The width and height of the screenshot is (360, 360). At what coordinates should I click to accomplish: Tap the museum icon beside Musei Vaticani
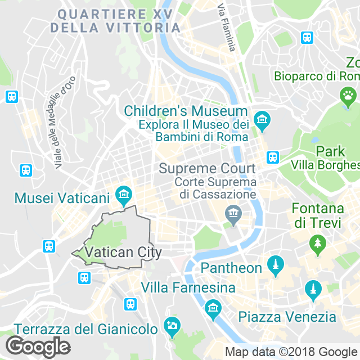(123, 196)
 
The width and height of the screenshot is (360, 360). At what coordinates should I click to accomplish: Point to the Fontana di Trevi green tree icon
(317, 244)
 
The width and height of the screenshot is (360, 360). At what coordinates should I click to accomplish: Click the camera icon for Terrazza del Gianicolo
(171, 325)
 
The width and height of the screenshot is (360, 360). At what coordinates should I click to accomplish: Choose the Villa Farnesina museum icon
(213, 307)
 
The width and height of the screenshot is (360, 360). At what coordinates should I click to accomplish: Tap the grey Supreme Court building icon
(232, 214)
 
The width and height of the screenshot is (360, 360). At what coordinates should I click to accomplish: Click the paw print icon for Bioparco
(348, 96)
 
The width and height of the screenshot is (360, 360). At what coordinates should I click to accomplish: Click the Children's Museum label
(185, 111)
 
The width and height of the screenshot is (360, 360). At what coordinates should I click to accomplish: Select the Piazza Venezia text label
(287, 317)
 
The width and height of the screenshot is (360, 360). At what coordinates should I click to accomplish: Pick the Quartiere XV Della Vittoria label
(115, 20)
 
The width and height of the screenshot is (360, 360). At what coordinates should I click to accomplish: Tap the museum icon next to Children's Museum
(262, 120)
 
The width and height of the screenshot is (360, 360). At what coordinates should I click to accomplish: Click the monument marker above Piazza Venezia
(311, 291)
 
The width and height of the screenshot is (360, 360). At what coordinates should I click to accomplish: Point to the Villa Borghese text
(325, 165)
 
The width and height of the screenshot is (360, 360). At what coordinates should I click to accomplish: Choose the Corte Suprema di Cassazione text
(215, 188)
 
